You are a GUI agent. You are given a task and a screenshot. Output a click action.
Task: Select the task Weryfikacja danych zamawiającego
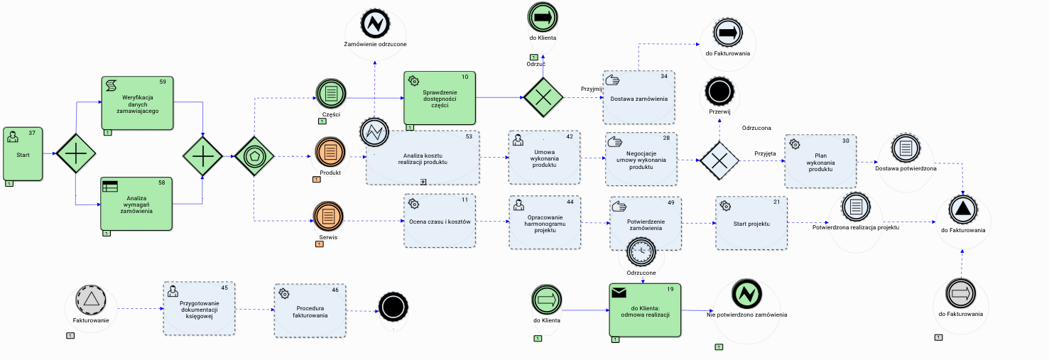pos(138,103)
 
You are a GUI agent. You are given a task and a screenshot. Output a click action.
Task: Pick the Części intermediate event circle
pos(330,93)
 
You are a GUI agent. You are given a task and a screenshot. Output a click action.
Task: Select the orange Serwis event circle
pos(329,217)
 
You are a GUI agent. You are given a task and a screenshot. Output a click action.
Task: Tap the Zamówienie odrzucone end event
pos(374,24)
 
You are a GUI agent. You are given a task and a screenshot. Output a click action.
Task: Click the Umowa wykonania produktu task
pos(544,157)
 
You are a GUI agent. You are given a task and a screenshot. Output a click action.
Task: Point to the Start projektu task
pos(751,222)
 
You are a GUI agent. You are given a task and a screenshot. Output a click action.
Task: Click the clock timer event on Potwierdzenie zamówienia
pos(641,251)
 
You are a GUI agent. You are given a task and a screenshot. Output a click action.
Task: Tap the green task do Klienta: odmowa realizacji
pos(645,310)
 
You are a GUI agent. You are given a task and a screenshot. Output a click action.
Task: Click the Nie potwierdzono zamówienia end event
pos(746,293)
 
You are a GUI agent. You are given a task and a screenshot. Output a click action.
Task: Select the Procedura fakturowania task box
pos(311,310)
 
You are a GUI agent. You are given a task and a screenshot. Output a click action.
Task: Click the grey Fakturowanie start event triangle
pos(90,299)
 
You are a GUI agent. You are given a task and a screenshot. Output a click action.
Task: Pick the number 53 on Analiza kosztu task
pos(469,136)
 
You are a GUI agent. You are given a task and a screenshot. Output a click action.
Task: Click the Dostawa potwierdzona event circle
pos(906,149)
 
